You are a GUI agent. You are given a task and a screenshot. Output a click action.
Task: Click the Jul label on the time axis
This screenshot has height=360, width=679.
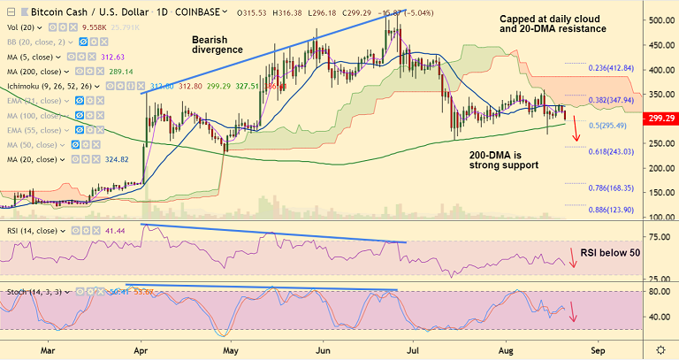pos(413,349)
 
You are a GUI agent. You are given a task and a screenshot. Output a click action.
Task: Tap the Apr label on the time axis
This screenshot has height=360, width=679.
pos(141,349)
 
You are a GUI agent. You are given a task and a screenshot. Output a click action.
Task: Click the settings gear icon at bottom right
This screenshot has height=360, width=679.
pos(660,349)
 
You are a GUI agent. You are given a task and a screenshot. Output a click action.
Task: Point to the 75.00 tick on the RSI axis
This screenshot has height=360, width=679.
pos(659,237)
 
